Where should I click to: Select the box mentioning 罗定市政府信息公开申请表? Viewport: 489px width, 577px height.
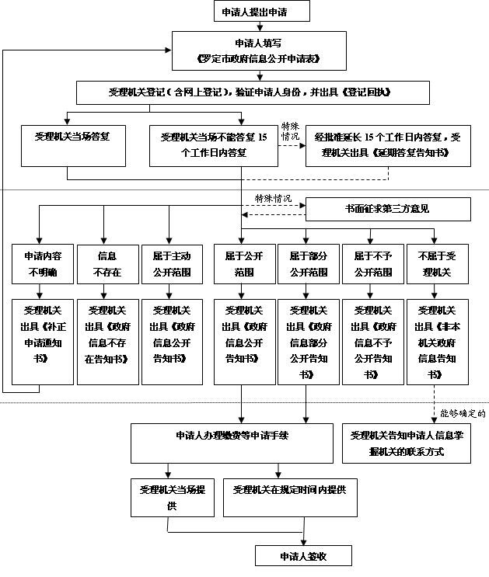(x=258, y=50)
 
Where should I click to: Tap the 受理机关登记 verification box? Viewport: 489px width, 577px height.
(x=250, y=92)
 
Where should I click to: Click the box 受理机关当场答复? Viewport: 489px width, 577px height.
(x=73, y=144)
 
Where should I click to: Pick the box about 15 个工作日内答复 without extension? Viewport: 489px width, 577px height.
(x=213, y=144)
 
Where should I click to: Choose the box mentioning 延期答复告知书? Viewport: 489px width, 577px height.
(x=388, y=144)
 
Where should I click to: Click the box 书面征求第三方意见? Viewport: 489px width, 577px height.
(x=387, y=209)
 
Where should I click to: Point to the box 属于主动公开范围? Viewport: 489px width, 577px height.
(x=171, y=264)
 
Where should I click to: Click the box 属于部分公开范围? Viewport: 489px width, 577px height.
(x=309, y=264)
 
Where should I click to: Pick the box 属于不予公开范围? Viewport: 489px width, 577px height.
(x=372, y=264)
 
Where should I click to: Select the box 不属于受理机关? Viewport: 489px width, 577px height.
(x=437, y=264)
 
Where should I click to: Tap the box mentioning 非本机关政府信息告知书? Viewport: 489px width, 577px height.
(x=437, y=341)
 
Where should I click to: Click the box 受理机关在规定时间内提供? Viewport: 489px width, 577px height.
(x=289, y=497)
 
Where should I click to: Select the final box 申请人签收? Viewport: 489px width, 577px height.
(x=304, y=556)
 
